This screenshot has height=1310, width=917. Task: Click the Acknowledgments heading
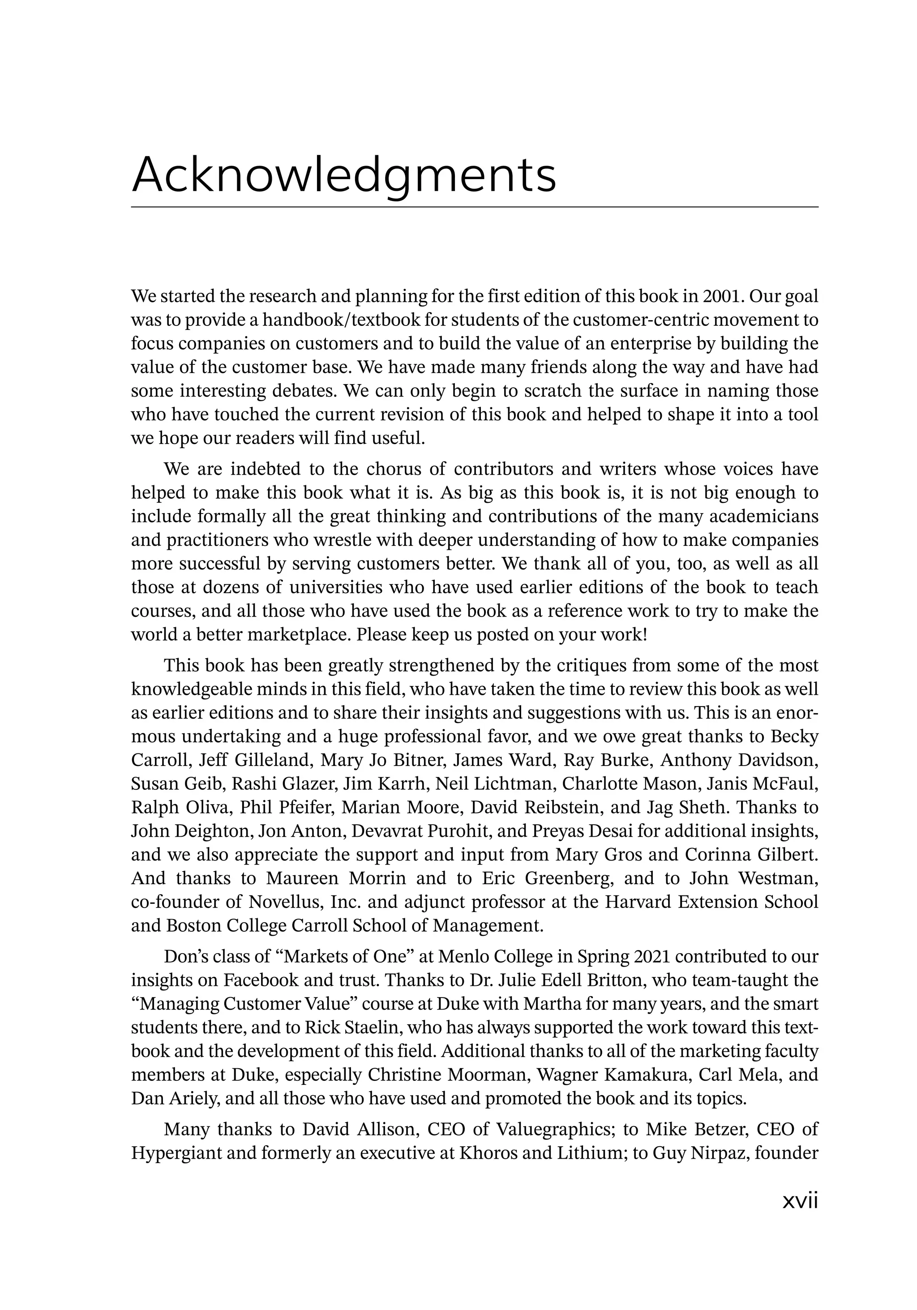click(343, 175)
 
